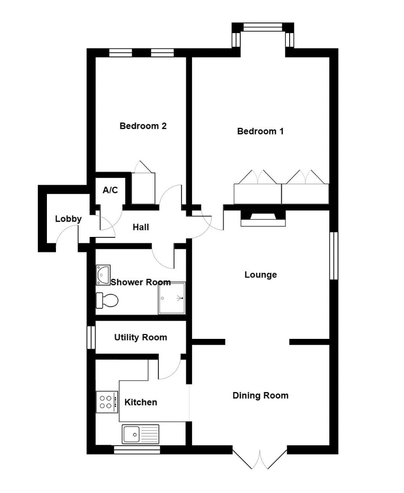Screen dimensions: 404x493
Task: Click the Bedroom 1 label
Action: tap(260, 131)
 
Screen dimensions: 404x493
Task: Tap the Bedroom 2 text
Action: tap(143, 126)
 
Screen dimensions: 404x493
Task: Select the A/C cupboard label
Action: tap(111, 190)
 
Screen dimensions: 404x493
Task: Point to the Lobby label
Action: tap(68, 219)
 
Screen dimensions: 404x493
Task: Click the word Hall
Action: tap(141, 227)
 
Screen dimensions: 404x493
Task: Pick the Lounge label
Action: tap(260, 275)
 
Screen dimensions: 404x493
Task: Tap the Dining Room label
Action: tap(260, 395)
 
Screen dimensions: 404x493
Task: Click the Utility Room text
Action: tap(141, 337)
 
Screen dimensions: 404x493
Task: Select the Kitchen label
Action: tap(141, 402)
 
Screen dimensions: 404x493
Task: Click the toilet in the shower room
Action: tap(107, 300)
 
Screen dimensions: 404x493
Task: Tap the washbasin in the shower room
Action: tap(103, 275)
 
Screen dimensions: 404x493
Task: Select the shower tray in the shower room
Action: tap(172, 298)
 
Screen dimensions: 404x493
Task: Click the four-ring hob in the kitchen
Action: tap(107, 402)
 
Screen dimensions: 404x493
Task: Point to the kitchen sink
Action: tap(141, 434)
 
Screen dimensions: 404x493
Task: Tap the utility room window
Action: tap(91, 337)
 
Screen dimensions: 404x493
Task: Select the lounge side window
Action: tap(334, 256)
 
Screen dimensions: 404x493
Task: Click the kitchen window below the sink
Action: tap(137, 450)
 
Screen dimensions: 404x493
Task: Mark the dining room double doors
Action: tap(260, 459)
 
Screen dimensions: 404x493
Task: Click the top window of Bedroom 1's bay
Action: tap(263, 27)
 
